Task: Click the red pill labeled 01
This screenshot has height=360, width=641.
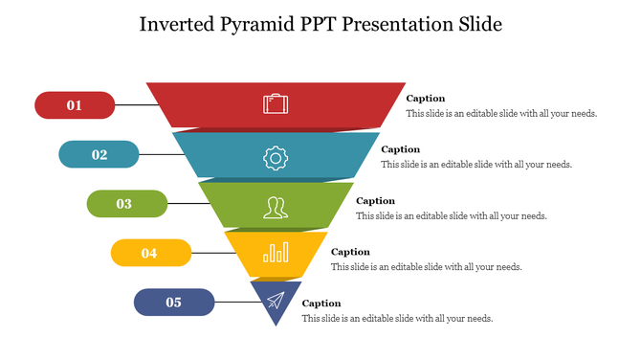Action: coord(75,105)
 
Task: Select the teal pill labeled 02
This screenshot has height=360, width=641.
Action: coord(99,154)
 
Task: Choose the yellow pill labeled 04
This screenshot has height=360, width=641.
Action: coord(150,253)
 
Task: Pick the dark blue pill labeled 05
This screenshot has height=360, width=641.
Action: coord(174,303)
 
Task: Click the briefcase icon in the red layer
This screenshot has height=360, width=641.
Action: coord(275,103)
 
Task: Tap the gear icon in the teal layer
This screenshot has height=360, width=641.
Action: coord(275,157)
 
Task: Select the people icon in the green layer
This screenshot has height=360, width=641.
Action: coord(276,206)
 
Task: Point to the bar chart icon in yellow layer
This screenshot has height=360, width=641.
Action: coord(276,252)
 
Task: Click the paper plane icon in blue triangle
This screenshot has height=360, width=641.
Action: coord(276,300)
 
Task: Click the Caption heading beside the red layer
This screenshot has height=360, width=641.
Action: coord(426,99)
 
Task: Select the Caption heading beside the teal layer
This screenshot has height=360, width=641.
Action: coord(400,149)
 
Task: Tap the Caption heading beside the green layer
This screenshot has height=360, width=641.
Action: coord(375,201)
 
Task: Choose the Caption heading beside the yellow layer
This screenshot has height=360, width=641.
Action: coord(350,252)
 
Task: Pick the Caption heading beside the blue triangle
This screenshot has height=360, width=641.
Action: coord(321,304)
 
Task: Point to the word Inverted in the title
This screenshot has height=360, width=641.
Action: coord(178,24)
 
